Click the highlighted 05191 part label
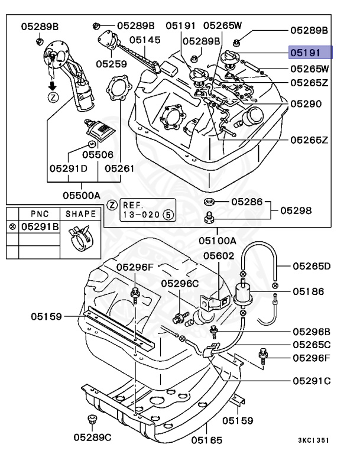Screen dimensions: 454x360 click(310, 53)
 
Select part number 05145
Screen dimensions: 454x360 click(145, 40)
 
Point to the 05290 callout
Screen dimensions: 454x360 click(306, 103)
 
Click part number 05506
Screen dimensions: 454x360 click(98, 154)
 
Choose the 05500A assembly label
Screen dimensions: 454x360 click(82, 194)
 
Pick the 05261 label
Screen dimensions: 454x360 click(120, 168)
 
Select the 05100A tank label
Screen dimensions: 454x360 click(217, 241)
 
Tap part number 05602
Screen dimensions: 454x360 click(219, 255)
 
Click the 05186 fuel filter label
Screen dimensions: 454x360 click(308, 291)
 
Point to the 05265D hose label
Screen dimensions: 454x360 click(311, 266)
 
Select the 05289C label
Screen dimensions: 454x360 click(92, 437)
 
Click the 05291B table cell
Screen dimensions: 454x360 click(40, 226)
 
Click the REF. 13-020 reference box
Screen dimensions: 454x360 click(142, 209)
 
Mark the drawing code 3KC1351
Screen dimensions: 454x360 click(313, 440)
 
